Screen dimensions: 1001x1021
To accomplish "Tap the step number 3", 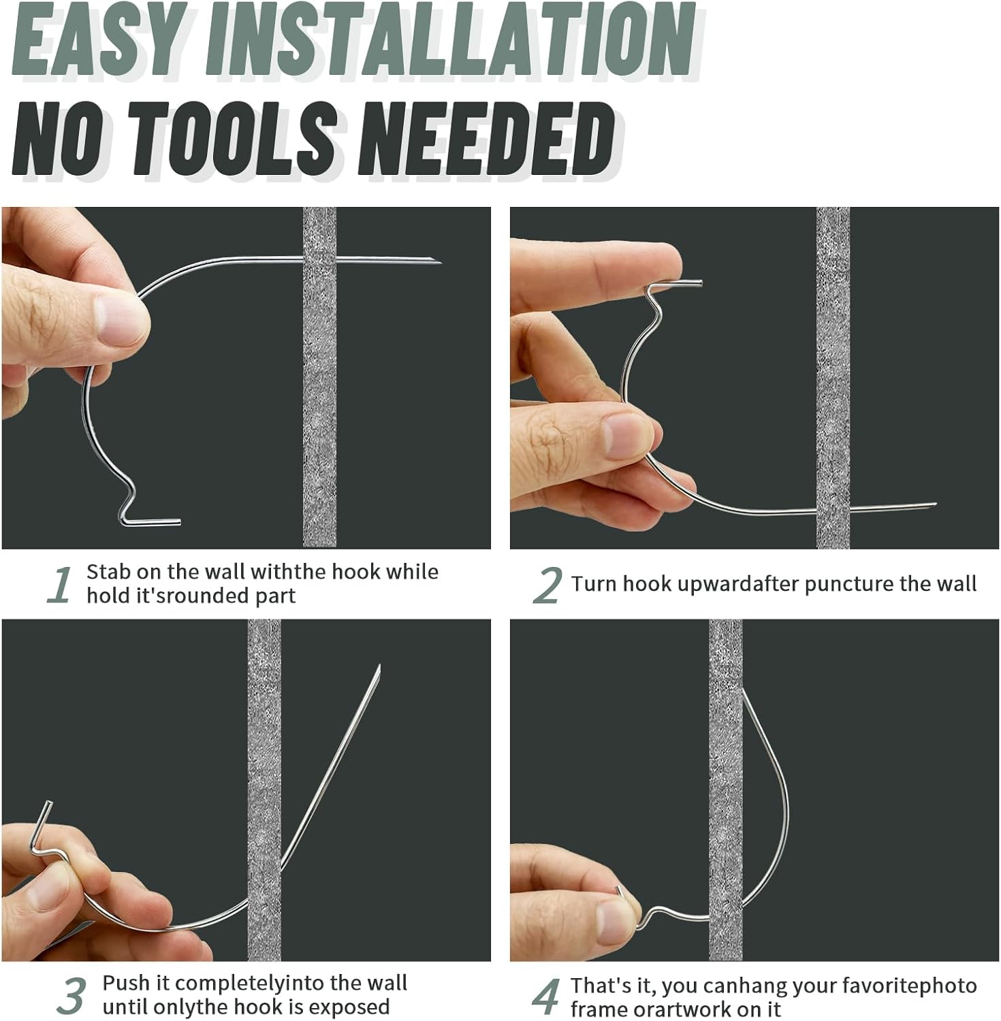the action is click(x=71, y=996).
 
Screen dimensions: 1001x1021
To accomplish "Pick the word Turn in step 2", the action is click(x=593, y=583).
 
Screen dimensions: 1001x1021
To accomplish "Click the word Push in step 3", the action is click(x=126, y=983).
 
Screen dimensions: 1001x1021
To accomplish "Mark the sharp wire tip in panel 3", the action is click(x=379, y=667).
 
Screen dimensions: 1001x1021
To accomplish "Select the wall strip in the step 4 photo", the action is click(x=725, y=790).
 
